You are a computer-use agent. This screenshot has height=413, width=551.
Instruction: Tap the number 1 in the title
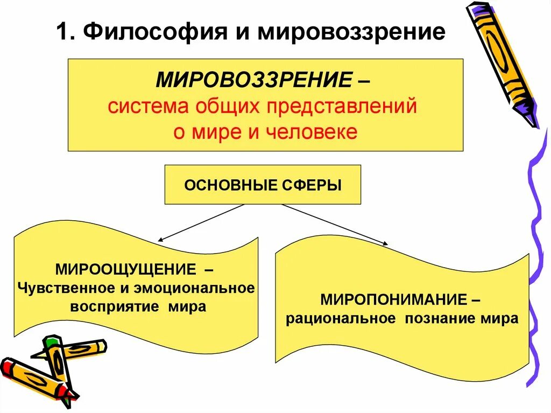coord(63,32)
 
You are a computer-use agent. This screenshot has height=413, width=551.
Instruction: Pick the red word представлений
coord(340,106)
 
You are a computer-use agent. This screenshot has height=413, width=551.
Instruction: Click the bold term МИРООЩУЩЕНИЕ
coord(119,268)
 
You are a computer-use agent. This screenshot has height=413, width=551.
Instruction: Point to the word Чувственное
coord(66,288)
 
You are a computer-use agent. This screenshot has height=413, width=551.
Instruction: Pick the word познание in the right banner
coord(436,318)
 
